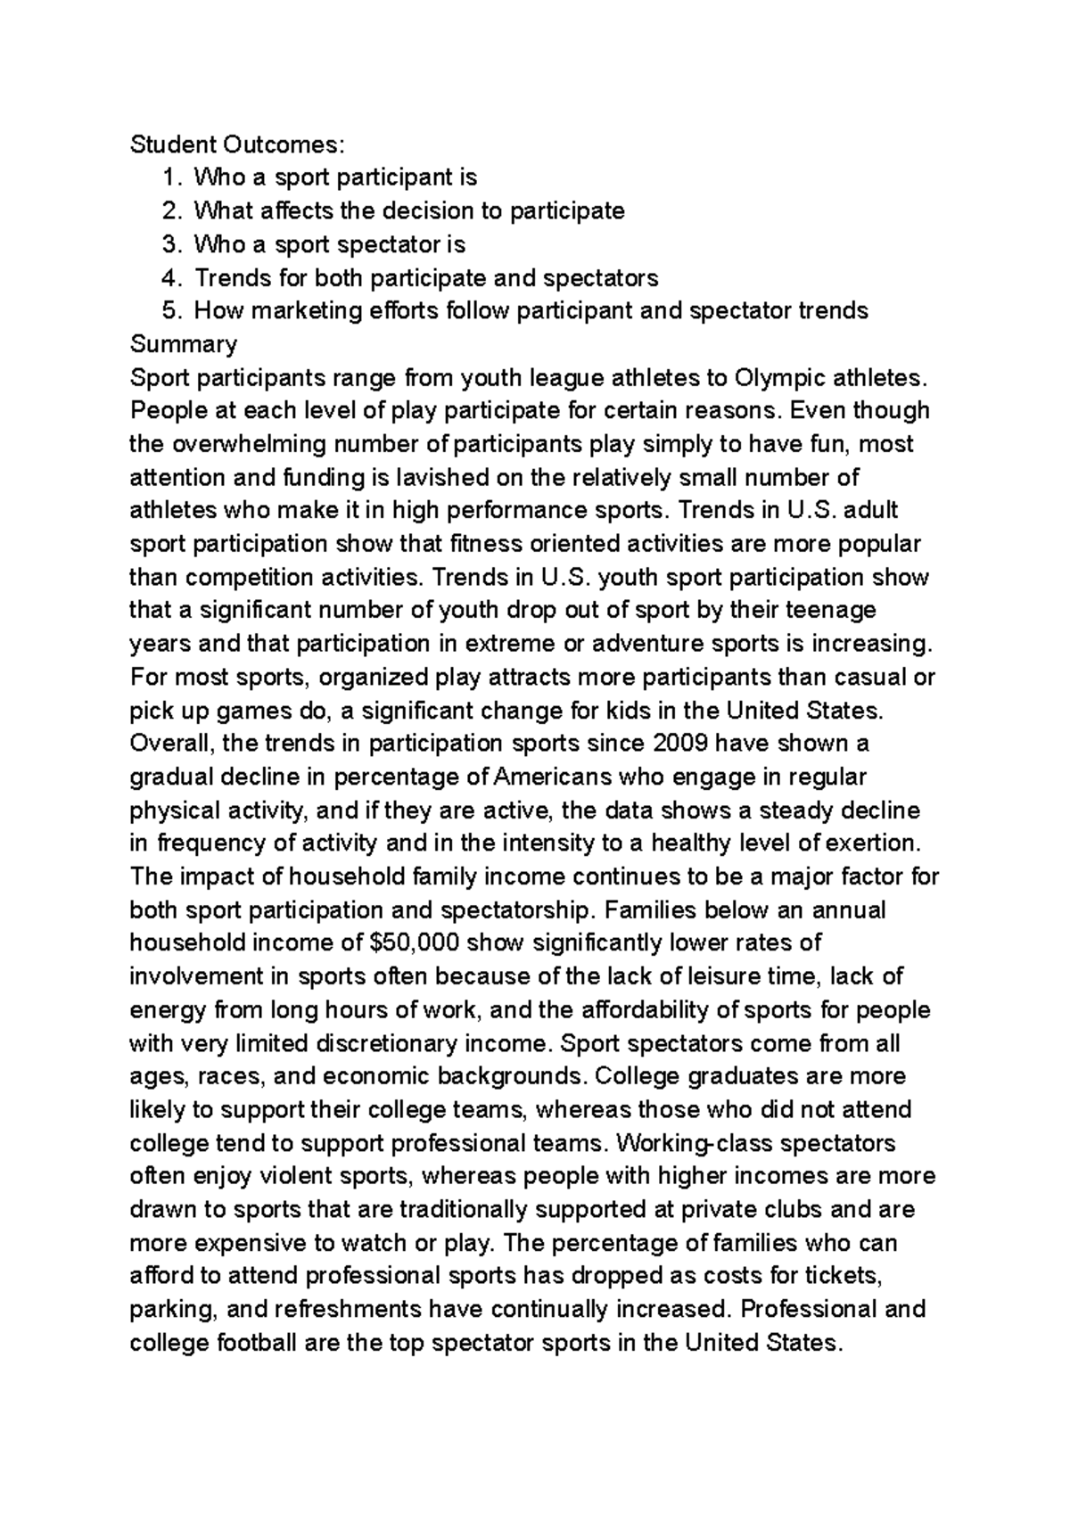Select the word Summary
click(184, 344)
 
